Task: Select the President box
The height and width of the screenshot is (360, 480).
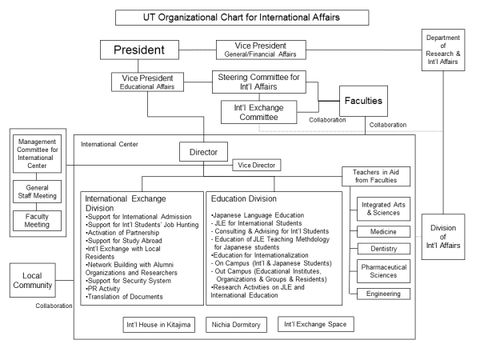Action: (138, 50)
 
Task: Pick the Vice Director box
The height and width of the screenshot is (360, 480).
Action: (256, 166)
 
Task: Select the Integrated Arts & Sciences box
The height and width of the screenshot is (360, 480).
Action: (382, 209)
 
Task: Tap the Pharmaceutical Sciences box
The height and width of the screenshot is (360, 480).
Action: (382, 270)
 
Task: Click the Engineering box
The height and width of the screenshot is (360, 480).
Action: (382, 294)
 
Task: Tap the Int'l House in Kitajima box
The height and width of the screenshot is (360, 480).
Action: (159, 325)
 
